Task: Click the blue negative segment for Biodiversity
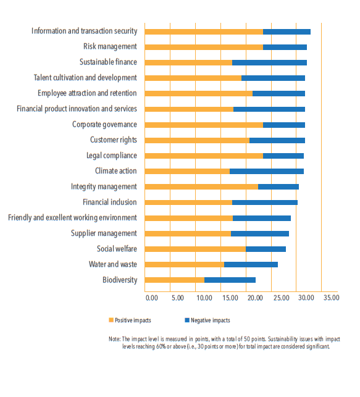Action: coord(230,280)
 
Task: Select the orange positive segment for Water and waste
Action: coord(185,264)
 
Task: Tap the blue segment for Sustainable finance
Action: coord(269,62)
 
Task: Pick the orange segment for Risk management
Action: coord(204,47)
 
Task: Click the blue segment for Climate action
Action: coord(267,171)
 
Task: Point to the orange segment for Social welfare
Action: coord(196,249)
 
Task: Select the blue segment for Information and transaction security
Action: coord(287,31)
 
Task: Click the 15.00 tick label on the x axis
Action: coord(230,298)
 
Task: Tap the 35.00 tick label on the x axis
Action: coord(332,298)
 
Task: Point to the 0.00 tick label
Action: coord(152,298)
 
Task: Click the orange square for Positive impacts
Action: coord(111,320)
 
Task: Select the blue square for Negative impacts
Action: coord(187,320)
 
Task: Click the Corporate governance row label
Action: coord(104,125)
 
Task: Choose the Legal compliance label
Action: coord(112,156)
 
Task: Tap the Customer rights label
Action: coord(114,140)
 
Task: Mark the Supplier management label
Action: coord(104,233)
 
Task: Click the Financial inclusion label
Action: coord(110,202)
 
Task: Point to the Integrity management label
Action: coord(104,186)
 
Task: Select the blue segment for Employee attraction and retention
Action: coord(278,93)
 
